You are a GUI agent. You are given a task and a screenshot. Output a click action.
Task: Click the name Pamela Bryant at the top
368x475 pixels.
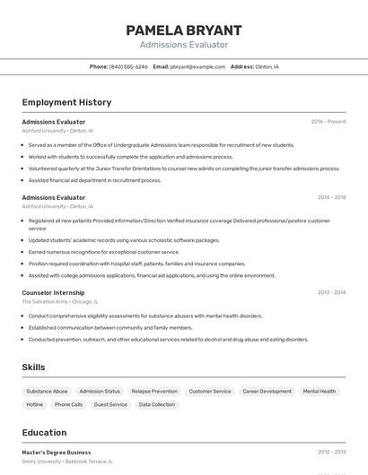pyautogui.click(x=184, y=30)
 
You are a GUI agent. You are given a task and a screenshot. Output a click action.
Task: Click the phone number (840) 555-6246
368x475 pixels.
pyautogui.click(x=128, y=66)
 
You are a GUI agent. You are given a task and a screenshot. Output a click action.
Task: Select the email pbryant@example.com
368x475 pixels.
pyautogui.click(x=197, y=66)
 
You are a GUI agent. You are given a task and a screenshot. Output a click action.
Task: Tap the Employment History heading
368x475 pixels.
pyautogui.click(x=66, y=102)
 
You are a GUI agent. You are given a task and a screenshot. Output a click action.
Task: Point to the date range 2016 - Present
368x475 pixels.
pyautogui.click(x=329, y=121)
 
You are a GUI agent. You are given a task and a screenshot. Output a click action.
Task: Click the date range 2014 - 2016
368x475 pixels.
pyautogui.click(x=331, y=197)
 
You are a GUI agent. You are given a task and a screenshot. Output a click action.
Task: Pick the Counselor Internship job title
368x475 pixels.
pyautogui.click(x=53, y=292)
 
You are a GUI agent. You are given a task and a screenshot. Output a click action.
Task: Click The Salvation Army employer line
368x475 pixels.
pyautogui.click(x=59, y=302)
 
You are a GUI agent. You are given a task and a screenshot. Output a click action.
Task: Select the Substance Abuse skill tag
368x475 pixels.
pyautogui.click(x=47, y=391)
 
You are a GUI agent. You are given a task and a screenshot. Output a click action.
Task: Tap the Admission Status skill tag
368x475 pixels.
pyautogui.click(x=100, y=391)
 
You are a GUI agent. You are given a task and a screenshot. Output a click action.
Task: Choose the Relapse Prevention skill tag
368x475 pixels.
pyautogui.click(x=154, y=391)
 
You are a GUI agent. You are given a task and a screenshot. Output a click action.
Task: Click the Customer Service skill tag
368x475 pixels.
pyautogui.click(x=210, y=391)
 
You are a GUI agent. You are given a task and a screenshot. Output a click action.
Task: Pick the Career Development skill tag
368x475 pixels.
pyautogui.click(x=267, y=391)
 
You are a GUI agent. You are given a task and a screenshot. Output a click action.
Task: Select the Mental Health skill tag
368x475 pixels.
pyautogui.click(x=320, y=391)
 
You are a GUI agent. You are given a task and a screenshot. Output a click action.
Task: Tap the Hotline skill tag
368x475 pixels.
pyautogui.click(x=34, y=404)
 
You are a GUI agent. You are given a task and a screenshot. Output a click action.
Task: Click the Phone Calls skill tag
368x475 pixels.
pyautogui.click(x=68, y=404)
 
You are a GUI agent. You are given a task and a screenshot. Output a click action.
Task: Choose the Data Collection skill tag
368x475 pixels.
pyautogui.click(x=157, y=404)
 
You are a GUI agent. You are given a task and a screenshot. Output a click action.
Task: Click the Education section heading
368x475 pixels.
pyautogui.click(x=44, y=433)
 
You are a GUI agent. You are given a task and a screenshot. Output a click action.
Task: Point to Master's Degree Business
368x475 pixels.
pyautogui.click(x=57, y=453)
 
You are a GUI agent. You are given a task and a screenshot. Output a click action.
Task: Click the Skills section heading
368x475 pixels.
pyautogui.click(x=33, y=367)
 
